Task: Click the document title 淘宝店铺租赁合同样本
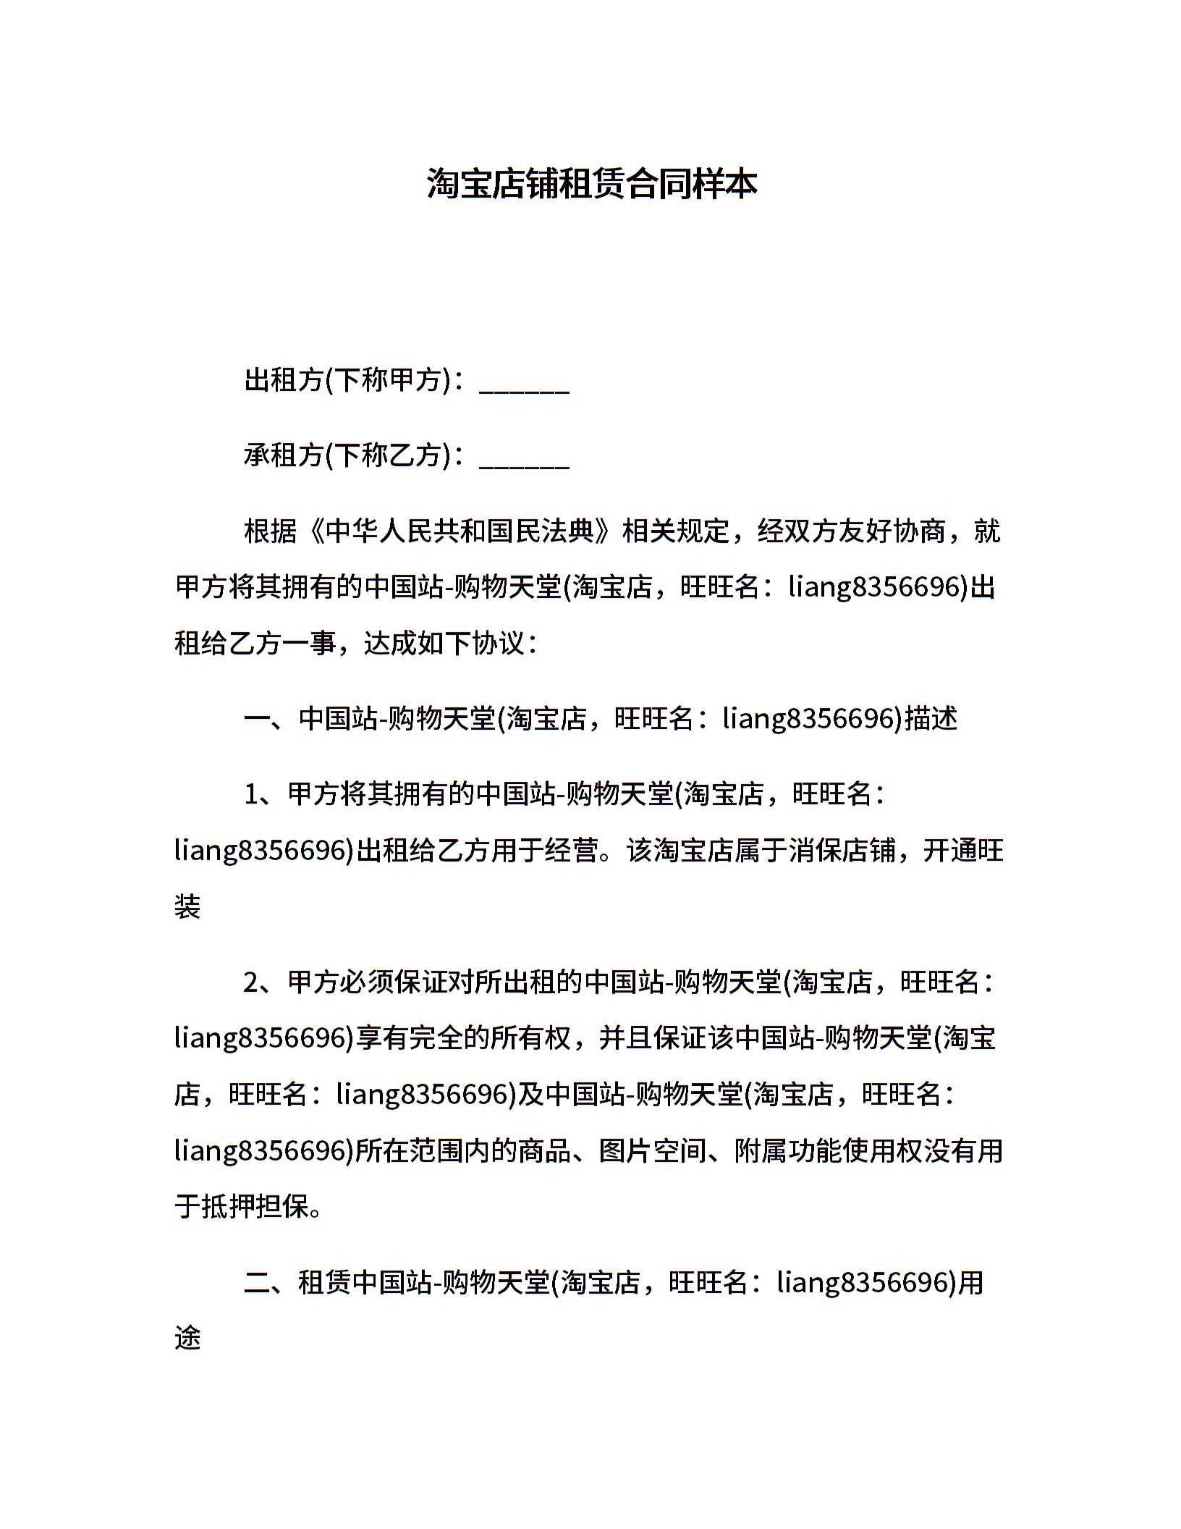[x=591, y=184]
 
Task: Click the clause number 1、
[x=263, y=794]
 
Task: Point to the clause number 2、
[x=263, y=982]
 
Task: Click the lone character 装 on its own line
[x=187, y=906]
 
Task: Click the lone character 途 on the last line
[x=187, y=1338]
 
